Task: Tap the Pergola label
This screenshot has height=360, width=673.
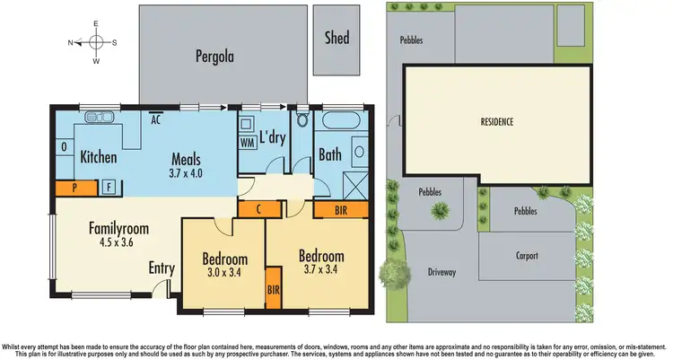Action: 214,56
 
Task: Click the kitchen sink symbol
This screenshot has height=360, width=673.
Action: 97,118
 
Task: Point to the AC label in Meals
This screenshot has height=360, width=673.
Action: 155,119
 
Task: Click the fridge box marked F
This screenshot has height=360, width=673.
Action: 108,188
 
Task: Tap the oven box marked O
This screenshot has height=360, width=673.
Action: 64,146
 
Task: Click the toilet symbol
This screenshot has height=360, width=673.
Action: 302,119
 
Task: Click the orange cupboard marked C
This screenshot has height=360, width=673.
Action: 257,208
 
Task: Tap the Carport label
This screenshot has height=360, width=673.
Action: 528,256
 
